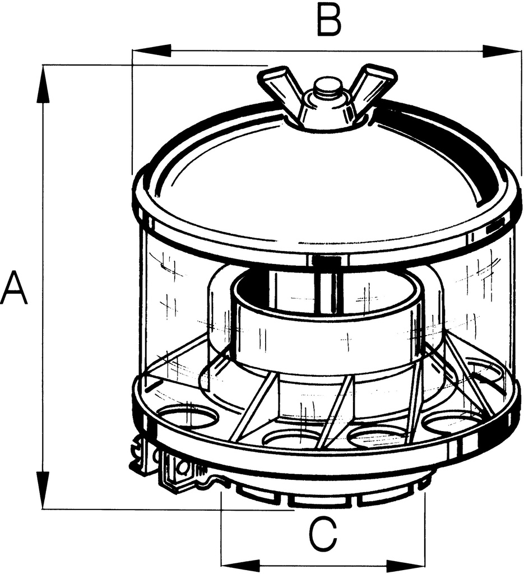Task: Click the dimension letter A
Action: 14,288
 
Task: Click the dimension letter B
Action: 329,20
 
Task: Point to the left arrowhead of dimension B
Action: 151,51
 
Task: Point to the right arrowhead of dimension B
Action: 502,51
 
